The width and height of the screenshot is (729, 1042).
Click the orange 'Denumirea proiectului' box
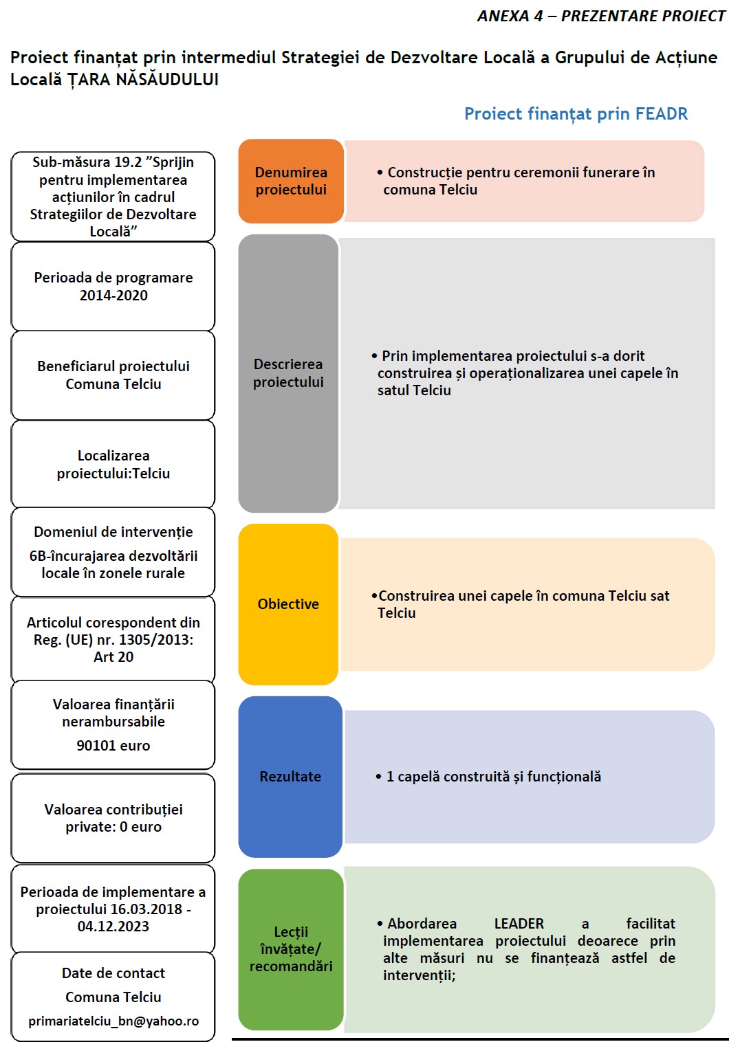[x=291, y=181]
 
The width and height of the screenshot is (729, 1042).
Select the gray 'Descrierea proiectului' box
[x=288, y=373]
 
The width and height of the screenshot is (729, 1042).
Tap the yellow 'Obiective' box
[x=288, y=604]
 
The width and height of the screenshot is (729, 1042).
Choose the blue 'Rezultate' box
[x=290, y=777]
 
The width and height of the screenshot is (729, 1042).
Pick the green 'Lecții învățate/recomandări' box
[x=291, y=949]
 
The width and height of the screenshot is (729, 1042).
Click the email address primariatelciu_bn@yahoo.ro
[x=113, y=1021]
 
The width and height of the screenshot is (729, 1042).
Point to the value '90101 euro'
[x=113, y=746]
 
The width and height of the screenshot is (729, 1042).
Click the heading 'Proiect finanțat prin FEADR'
[x=576, y=114]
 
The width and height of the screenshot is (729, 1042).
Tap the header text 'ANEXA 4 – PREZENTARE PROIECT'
[x=601, y=16]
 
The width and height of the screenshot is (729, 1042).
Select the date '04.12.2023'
[x=113, y=927]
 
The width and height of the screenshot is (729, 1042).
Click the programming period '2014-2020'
[x=113, y=296]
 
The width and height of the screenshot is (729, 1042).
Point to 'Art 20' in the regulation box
[x=113, y=657]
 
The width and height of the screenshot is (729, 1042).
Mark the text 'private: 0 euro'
[x=113, y=827]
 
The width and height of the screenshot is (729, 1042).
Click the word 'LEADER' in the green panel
[x=519, y=924]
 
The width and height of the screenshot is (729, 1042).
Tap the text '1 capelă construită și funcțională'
[x=493, y=777]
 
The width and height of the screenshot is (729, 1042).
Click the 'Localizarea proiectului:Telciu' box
[x=113, y=465]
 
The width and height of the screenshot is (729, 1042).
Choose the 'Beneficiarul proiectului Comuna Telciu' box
[x=113, y=375]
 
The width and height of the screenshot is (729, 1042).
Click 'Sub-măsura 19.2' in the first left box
[x=87, y=163]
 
